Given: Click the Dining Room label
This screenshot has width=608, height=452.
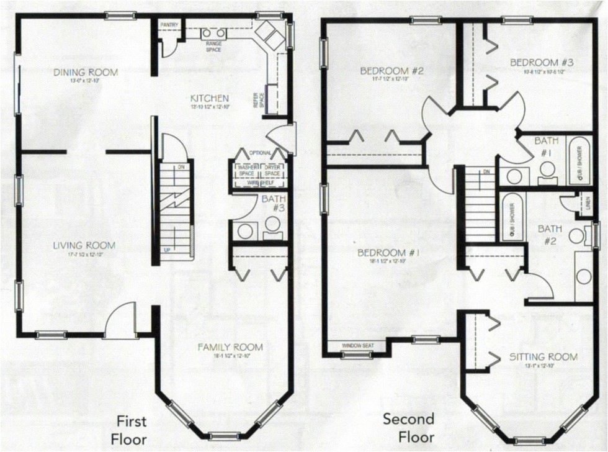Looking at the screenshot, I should [x=86, y=73].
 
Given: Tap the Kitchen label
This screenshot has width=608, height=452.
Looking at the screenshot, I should [x=210, y=98].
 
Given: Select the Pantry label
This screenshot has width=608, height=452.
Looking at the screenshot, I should [x=169, y=24].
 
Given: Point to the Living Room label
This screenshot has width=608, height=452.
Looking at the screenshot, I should [x=84, y=246].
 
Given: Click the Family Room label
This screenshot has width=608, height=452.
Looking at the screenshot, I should [x=230, y=347].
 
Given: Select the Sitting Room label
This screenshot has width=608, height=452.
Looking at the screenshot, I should [x=543, y=357].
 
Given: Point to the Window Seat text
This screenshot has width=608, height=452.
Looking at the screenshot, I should [x=357, y=345].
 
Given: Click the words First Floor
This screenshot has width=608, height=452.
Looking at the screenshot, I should [x=132, y=430].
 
